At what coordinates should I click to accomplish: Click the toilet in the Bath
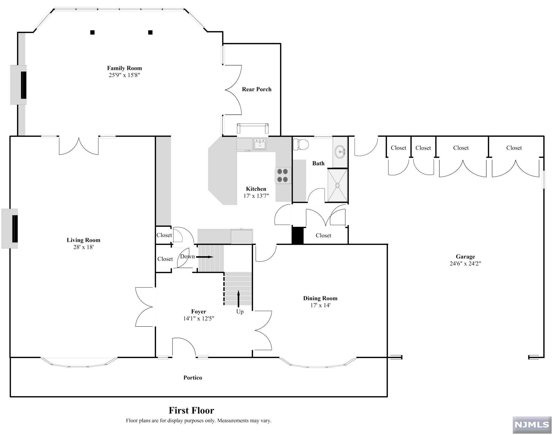[x=301, y=145]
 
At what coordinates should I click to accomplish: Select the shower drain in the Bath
[x=337, y=185]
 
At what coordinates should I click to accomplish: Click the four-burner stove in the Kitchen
[x=283, y=175]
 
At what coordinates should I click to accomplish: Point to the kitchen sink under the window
[x=260, y=144]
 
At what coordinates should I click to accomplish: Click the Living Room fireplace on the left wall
[x=10, y=228]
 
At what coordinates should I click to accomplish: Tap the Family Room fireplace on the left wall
[x=19, y=85]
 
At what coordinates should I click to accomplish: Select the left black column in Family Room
[x=92, y=32]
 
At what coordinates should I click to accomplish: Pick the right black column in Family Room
[x=150, y=32]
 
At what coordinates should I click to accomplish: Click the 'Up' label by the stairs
[x=240, y=311]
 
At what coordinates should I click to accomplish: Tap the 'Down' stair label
[x=187, y=256]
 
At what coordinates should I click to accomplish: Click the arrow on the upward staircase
[x=238, y=299]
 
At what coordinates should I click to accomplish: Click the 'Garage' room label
[x=465, y=257]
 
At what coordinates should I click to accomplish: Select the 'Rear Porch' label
[x=257, y=89]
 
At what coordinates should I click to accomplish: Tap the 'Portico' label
[x=193, y=378]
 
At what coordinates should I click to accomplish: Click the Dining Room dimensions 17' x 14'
[x=320, y=305]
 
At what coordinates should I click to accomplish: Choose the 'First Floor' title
[x=191, y=410]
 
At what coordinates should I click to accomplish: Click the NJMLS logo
[x=532, y=425]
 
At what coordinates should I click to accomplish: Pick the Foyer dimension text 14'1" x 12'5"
[x=199, y=318]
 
